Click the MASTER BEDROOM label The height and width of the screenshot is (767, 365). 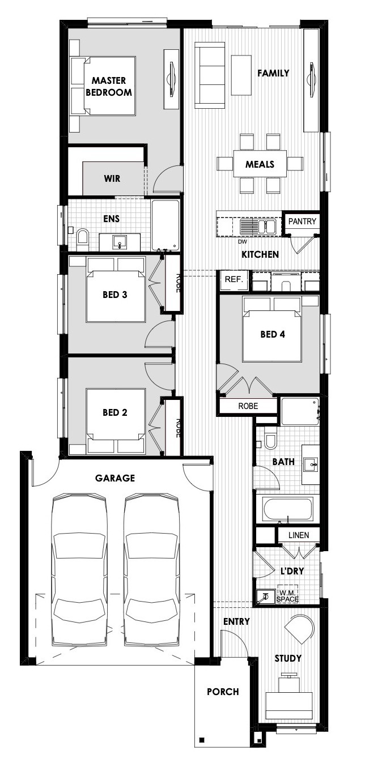coord(109,86)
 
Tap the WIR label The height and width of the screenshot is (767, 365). coord(112,178)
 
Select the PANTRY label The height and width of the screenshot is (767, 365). coord(302,221)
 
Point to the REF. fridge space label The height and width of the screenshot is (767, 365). coord(234,279)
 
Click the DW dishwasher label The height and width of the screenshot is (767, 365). coord(243,242)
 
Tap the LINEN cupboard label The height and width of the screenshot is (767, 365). coord(299,535)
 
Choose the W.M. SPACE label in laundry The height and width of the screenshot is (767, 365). coord(288,596)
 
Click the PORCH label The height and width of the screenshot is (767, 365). coord(223,692)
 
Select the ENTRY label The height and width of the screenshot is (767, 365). coord(236,621)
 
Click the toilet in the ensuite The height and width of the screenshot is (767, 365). coord(83,237)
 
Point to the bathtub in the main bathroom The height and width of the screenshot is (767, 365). coord(288,509)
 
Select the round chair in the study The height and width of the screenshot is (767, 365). coord(299,629)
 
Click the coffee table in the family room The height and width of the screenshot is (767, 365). coord(241,75)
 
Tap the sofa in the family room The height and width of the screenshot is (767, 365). coord(210,75)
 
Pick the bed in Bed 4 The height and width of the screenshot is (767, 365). coord(272,329)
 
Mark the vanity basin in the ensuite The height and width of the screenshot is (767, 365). coord(120,242)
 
